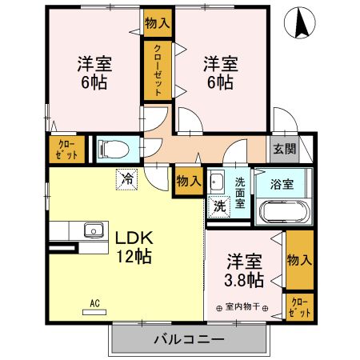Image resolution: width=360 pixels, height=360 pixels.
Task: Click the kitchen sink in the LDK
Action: [x=91, y=231]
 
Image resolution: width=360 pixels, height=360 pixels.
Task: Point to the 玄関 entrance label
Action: [x=283, y=149]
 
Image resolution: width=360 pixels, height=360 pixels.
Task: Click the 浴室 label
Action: [x=281, y=183]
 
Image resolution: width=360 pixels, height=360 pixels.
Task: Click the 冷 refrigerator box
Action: [x=126, y=179]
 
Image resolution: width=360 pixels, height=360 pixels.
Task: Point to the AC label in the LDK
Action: [x=94, y=303]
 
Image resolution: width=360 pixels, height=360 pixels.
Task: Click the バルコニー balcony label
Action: [x=188, y=340]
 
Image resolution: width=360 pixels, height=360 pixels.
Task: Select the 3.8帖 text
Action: [x=244, y=281]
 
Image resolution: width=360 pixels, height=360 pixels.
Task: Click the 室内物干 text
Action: [x=243, y=307]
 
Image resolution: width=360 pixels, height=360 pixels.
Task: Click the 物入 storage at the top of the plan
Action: [x=158, y=23]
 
